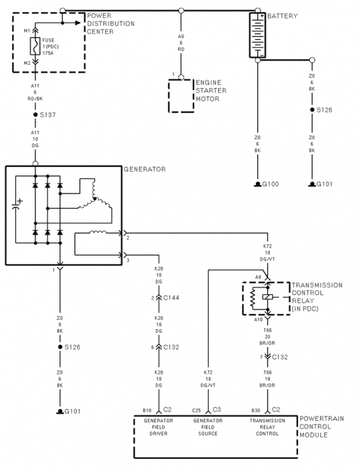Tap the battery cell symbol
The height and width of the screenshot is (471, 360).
257,35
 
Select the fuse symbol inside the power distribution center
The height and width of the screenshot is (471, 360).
35,47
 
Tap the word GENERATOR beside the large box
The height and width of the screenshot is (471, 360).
145,170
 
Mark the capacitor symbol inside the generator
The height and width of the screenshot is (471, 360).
16,205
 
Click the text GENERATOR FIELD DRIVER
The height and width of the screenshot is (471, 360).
159,427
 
